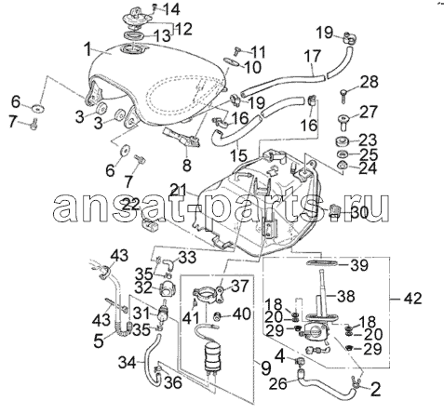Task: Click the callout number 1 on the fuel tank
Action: (x=88, y=48)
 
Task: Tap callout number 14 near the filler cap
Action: (x=171, y=9)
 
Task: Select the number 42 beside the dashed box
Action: (x=413, y=299)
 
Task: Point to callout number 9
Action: (x=265, y=368)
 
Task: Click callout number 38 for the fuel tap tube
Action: (x=345, y=297)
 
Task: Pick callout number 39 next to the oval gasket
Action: (x=359, y=265)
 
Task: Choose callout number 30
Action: (x=359, y=213)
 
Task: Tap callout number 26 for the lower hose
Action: (x=277, y=384)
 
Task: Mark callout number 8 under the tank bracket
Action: (x=186, y=165)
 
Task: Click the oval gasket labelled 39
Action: (x=322, y=263)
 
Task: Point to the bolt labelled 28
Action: (x=343, y=95)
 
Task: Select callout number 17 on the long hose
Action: (x=313, y=57)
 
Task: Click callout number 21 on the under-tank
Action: (x=178, y=190)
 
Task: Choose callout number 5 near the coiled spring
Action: (x=99, y=341)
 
